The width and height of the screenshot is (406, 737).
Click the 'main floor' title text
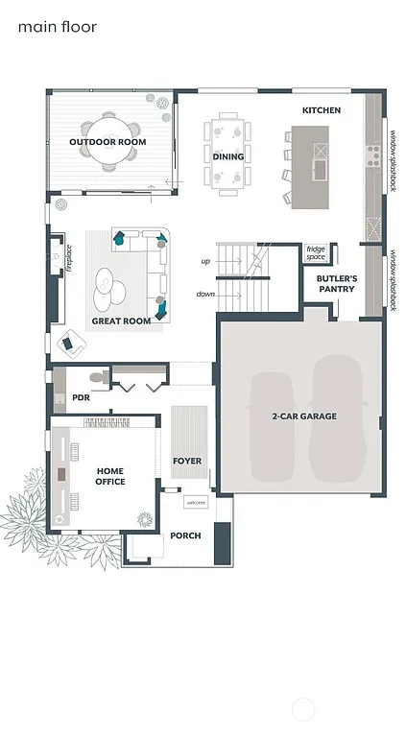point(58,28)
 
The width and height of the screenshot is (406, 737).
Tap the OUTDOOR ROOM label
point(107,142)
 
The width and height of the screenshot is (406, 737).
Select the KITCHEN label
point(322,110)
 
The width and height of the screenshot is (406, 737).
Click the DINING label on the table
point(228,156)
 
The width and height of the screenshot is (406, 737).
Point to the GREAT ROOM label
point(121,321)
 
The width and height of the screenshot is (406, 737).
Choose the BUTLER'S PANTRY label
point(337,283)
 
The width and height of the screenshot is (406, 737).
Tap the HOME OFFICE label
point(110,476)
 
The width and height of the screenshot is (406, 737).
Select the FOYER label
point(187,461)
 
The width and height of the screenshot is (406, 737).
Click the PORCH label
point(185,535)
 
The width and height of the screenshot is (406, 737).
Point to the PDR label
point(81,397)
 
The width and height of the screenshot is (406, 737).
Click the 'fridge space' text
point(316,253)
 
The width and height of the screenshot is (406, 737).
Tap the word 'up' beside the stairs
point(205,261)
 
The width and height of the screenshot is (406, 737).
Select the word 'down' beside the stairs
point(205,295)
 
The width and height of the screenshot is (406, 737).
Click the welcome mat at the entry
point(196,503)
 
